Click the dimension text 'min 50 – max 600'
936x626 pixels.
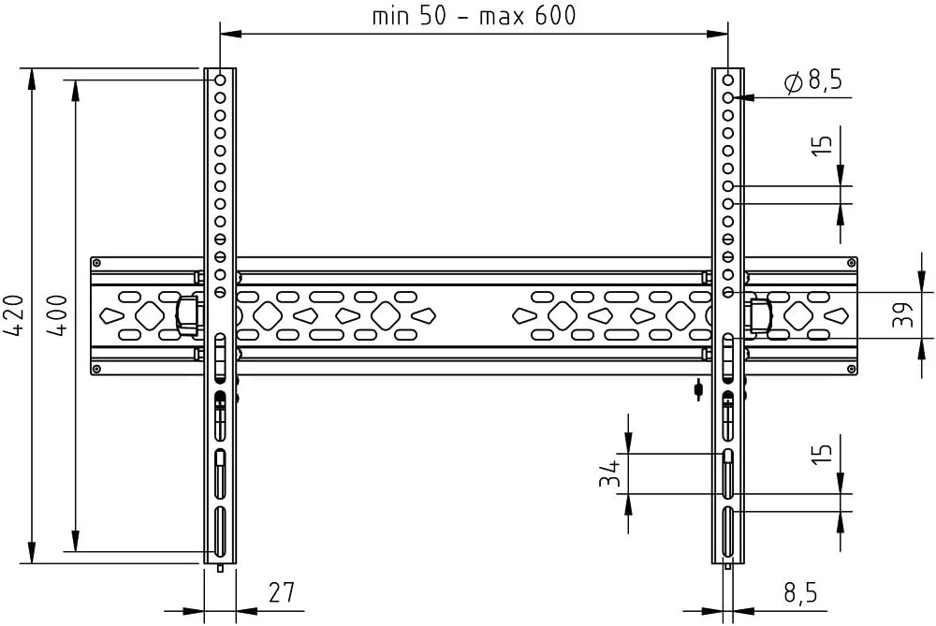[x=474, y=15]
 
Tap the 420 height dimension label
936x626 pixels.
[x=14, y=315]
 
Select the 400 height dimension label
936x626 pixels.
[x=57, y=315]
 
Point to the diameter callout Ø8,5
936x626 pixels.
[x=813, y=80]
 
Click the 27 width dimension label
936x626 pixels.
[x=281, y=592]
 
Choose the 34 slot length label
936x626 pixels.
[x=610, y=473]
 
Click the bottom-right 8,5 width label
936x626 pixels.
[x=800, y=593]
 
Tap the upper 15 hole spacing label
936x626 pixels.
[x=822, y=146]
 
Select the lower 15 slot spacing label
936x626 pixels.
[x=822, y=454]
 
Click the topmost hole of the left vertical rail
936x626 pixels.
[x=220, y=80]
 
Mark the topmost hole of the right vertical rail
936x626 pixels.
[x=728, y=80]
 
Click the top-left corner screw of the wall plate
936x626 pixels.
[x=97, y=262]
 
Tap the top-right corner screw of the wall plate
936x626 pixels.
[x=851, y=262]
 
